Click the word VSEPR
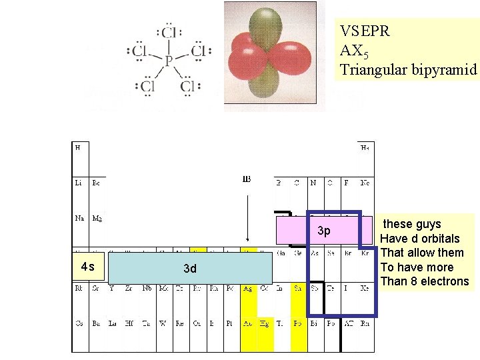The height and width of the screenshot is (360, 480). click(365, 31)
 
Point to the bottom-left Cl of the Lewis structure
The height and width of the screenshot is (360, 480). click(147, 86)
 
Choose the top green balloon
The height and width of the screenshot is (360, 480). click(269, 25)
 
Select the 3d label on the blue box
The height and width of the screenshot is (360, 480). click(190, 269)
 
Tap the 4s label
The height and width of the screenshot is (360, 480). click(87, 267)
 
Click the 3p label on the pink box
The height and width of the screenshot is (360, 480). click(323, 231)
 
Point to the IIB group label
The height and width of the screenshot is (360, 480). click(246, 179)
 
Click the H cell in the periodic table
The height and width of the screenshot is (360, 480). click(79, 147)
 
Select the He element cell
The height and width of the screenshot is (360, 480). click(365, 147)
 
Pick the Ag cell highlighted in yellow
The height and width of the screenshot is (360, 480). click(247, 289)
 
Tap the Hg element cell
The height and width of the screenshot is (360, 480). click(264, 323)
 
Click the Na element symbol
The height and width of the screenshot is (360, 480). click(79, 217)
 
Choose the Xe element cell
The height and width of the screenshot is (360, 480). click(365, 289)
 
